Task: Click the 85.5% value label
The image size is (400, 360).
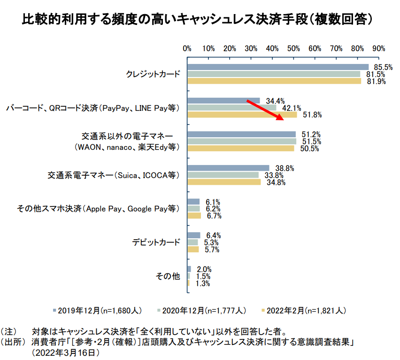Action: (x=383, y=67)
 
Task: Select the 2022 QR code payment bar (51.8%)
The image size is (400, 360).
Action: (x=242, y=115)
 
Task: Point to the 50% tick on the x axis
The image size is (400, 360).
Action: (x=294, y=48)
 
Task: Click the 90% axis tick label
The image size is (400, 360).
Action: (x=379, y=48)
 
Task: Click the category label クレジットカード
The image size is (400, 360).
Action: (x=153, y=74)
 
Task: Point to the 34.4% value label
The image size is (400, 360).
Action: (x=275, y=101)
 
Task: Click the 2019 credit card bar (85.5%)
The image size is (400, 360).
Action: (x=278, y=67)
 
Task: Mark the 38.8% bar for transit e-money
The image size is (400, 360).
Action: (x=228, y=168)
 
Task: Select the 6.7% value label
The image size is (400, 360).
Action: (x=213, y=216)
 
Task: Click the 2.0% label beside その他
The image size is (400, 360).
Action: (x=203, y=269)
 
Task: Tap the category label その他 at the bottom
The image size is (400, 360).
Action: (x=168, y=276)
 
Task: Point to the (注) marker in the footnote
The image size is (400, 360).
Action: (x=10, y=331)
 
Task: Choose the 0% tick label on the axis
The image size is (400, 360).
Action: (x=187, y=48)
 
